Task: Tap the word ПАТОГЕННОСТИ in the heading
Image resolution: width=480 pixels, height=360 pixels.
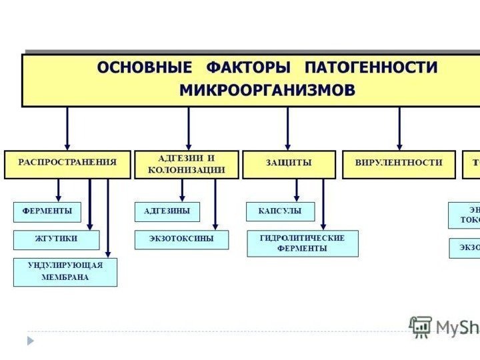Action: [x=371, y=68]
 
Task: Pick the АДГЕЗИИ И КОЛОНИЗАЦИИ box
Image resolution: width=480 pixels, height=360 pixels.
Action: [x=187, y=164]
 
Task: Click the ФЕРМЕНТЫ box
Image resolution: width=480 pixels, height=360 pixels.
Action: [x=47, y=212]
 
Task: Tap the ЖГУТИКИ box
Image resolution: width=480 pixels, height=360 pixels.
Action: [x=56, y=239]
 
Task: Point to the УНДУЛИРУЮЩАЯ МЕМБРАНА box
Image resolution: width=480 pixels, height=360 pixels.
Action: [x=65, y=272]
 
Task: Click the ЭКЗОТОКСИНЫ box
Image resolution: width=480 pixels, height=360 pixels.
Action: [x=181, y=239]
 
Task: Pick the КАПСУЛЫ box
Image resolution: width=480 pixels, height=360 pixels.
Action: [x=279, y=212]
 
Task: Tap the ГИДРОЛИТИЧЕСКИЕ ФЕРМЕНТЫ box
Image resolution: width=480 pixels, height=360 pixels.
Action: [x=302, y=243]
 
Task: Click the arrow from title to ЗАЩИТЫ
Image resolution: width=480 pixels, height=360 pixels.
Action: [x=288, y=128]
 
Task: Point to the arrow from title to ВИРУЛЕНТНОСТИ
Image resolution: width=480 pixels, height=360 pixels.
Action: [x=399, y=128]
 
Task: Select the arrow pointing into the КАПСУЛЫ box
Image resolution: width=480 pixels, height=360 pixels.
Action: [x=297, y=191]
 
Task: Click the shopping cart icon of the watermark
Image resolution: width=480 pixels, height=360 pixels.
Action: [x=421, y=326]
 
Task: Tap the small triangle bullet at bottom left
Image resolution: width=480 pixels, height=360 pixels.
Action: [x=30, y=340]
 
